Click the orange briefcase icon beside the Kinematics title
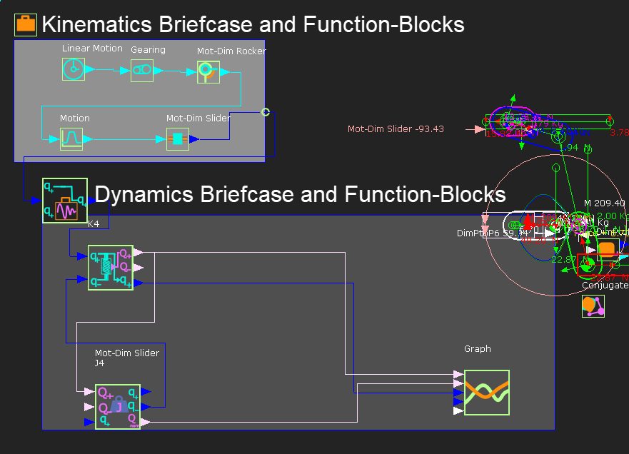pos(26,24)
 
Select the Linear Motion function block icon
pos(74,69)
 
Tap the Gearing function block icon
pos(142,70)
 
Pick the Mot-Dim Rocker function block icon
pos(208,71)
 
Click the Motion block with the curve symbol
pos(71,138)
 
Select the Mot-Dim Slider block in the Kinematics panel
pos(178,138)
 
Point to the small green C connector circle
pos(266,112)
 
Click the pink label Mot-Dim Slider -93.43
pos(396,129)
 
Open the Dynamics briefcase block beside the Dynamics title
pos(65,201)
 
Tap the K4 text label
pos(94,224)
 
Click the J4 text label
pos(100,363)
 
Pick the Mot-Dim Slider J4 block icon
pos(118,406)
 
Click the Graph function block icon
pos(487,393)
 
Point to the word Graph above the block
pos(478,349)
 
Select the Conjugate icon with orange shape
pos(593,306)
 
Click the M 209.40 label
pos(604,203)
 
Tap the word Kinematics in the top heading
pos(96,24)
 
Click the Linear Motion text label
pos(91,49)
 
